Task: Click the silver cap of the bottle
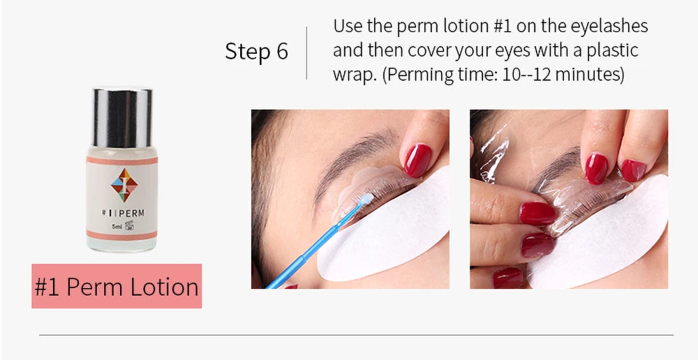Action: [122, 117]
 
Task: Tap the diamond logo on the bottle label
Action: [124, 183]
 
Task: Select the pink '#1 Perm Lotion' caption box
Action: [117, 287]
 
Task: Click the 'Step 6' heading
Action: [256, 52]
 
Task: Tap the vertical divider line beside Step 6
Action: [307, 53]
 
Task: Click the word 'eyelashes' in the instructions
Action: [609, 27]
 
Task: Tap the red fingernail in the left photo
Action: [417, 160]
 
